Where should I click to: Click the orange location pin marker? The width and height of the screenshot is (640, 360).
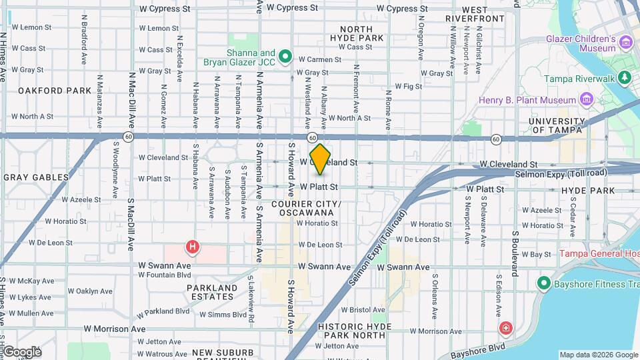click(x=320, y=158)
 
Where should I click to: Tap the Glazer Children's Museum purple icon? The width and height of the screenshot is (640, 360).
click(x=625, y=43)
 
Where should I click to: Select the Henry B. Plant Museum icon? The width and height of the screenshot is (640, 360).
click(x=587, y=100)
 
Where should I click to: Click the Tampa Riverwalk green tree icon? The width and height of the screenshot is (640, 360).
click(x=625, y=78)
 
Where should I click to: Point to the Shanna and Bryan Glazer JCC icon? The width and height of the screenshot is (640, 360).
click(x=285, y=57)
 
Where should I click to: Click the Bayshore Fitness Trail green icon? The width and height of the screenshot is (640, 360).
click(x=543, y=284)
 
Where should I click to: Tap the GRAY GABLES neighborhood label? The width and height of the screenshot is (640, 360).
click(x=36, y=177)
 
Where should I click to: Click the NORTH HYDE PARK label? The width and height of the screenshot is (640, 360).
click(x=361, y=33)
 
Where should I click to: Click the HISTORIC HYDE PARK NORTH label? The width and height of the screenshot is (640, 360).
click(x=341, y=331)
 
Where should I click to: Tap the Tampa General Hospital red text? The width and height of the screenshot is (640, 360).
click(x=599, y=253)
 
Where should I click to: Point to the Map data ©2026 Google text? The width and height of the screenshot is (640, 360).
click(x=598, y=355)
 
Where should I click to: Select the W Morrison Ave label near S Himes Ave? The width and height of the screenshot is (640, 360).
click(x=115, y=329)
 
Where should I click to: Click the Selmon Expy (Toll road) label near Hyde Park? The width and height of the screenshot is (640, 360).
click(x=561, y=173)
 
